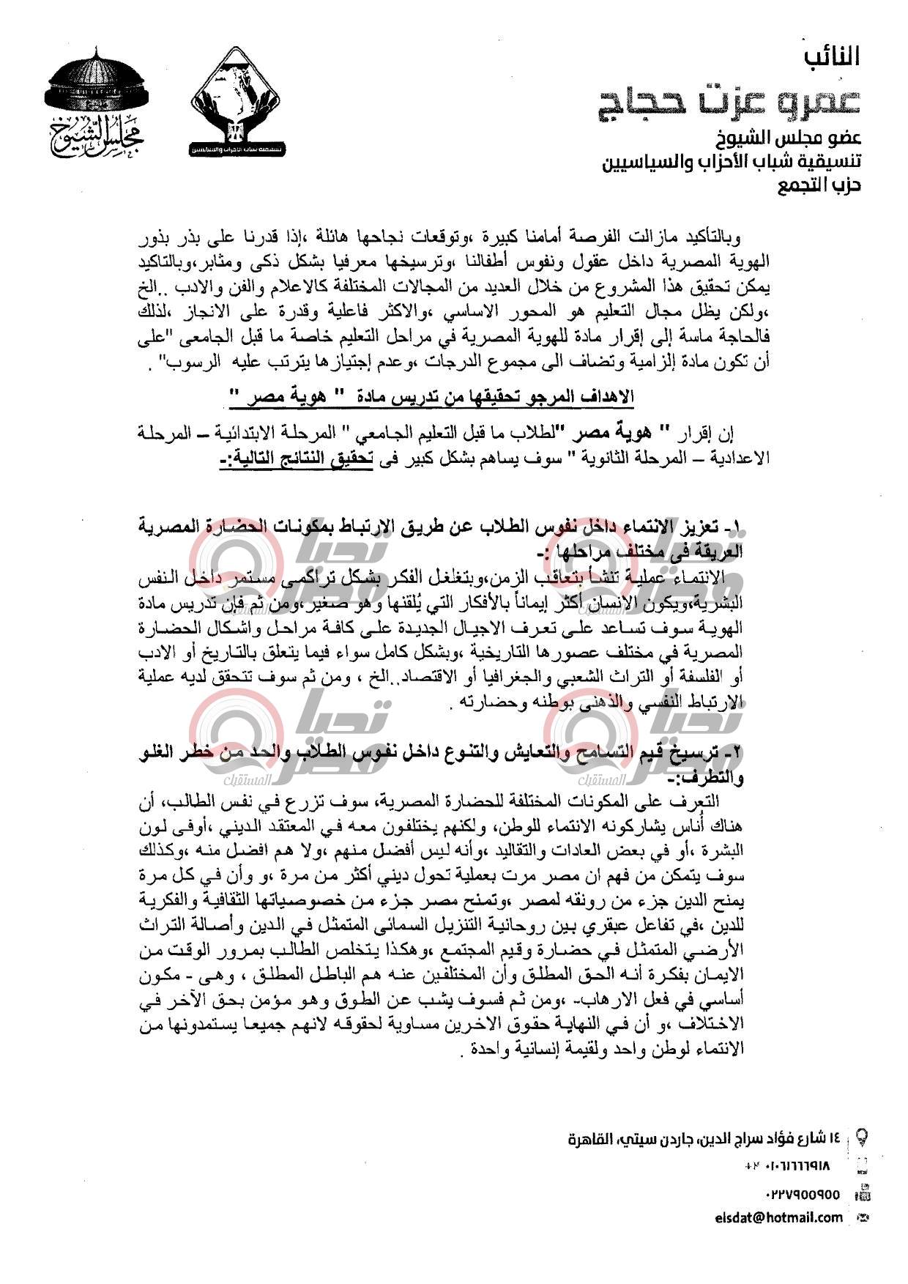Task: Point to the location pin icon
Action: pyautogui.click(x=863, y=1138)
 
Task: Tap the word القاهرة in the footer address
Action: pyautogui.click(x=592, y=1140)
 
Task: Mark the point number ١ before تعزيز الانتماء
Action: pyautogui.click(x=737, y=527)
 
